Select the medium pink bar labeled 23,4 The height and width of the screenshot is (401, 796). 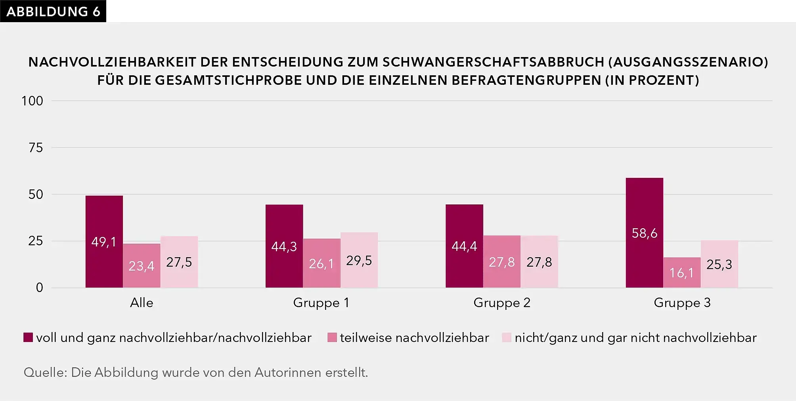click(x=142, y=265)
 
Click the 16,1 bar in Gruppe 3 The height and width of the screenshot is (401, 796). click(x=682, y=273)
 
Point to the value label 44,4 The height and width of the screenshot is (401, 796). click(x=464, y=246)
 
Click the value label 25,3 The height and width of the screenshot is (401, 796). click(x=719, y=264)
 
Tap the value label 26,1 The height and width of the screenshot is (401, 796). click(x=321, y=264)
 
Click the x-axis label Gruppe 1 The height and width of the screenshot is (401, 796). click(x=321, y=303)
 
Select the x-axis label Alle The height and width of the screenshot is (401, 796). click(x=142, y=303)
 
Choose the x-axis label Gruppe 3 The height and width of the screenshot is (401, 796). click(x=682, y=303)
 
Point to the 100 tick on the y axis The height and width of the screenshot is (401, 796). click(x=32, y=101)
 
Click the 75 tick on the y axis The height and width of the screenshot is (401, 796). click(x=35, y=148)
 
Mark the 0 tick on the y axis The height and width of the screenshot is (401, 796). click(x=39, y=288)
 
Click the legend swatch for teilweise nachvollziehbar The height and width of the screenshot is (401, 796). click(x=332, y=338)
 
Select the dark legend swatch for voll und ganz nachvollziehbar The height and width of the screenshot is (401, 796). click(x=28, y=338)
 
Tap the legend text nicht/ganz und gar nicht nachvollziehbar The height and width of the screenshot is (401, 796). click(x=635, y=338)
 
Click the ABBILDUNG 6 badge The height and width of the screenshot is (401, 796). click(x=53, y=11)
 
